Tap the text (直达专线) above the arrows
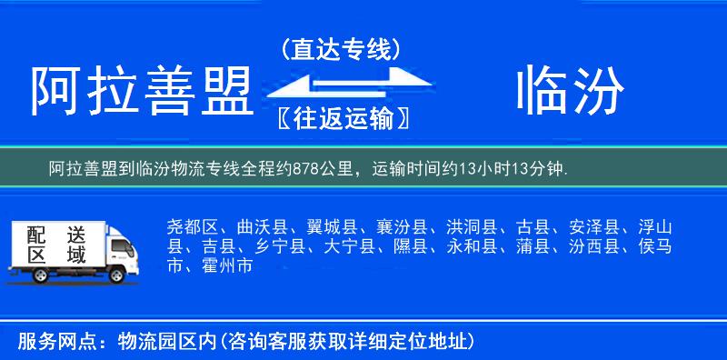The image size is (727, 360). coord(341,49)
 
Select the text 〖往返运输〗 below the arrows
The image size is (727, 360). coord(341,117)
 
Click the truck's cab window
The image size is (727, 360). coord(116,243)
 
